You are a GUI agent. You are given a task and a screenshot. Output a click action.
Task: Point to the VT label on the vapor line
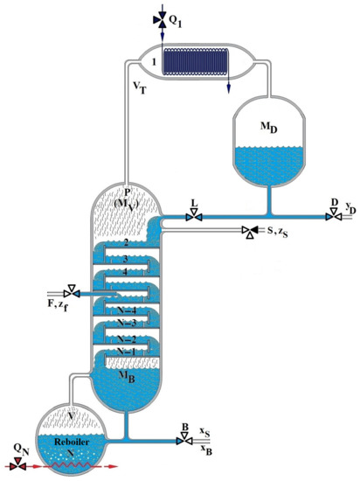[141, 89]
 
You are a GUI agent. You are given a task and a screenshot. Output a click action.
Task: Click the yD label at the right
[350, 208]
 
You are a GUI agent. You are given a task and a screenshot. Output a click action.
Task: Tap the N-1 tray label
[128, 351]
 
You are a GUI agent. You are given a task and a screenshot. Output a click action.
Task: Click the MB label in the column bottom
[128, 374]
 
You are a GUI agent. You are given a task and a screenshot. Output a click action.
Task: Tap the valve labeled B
[184, 441]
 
